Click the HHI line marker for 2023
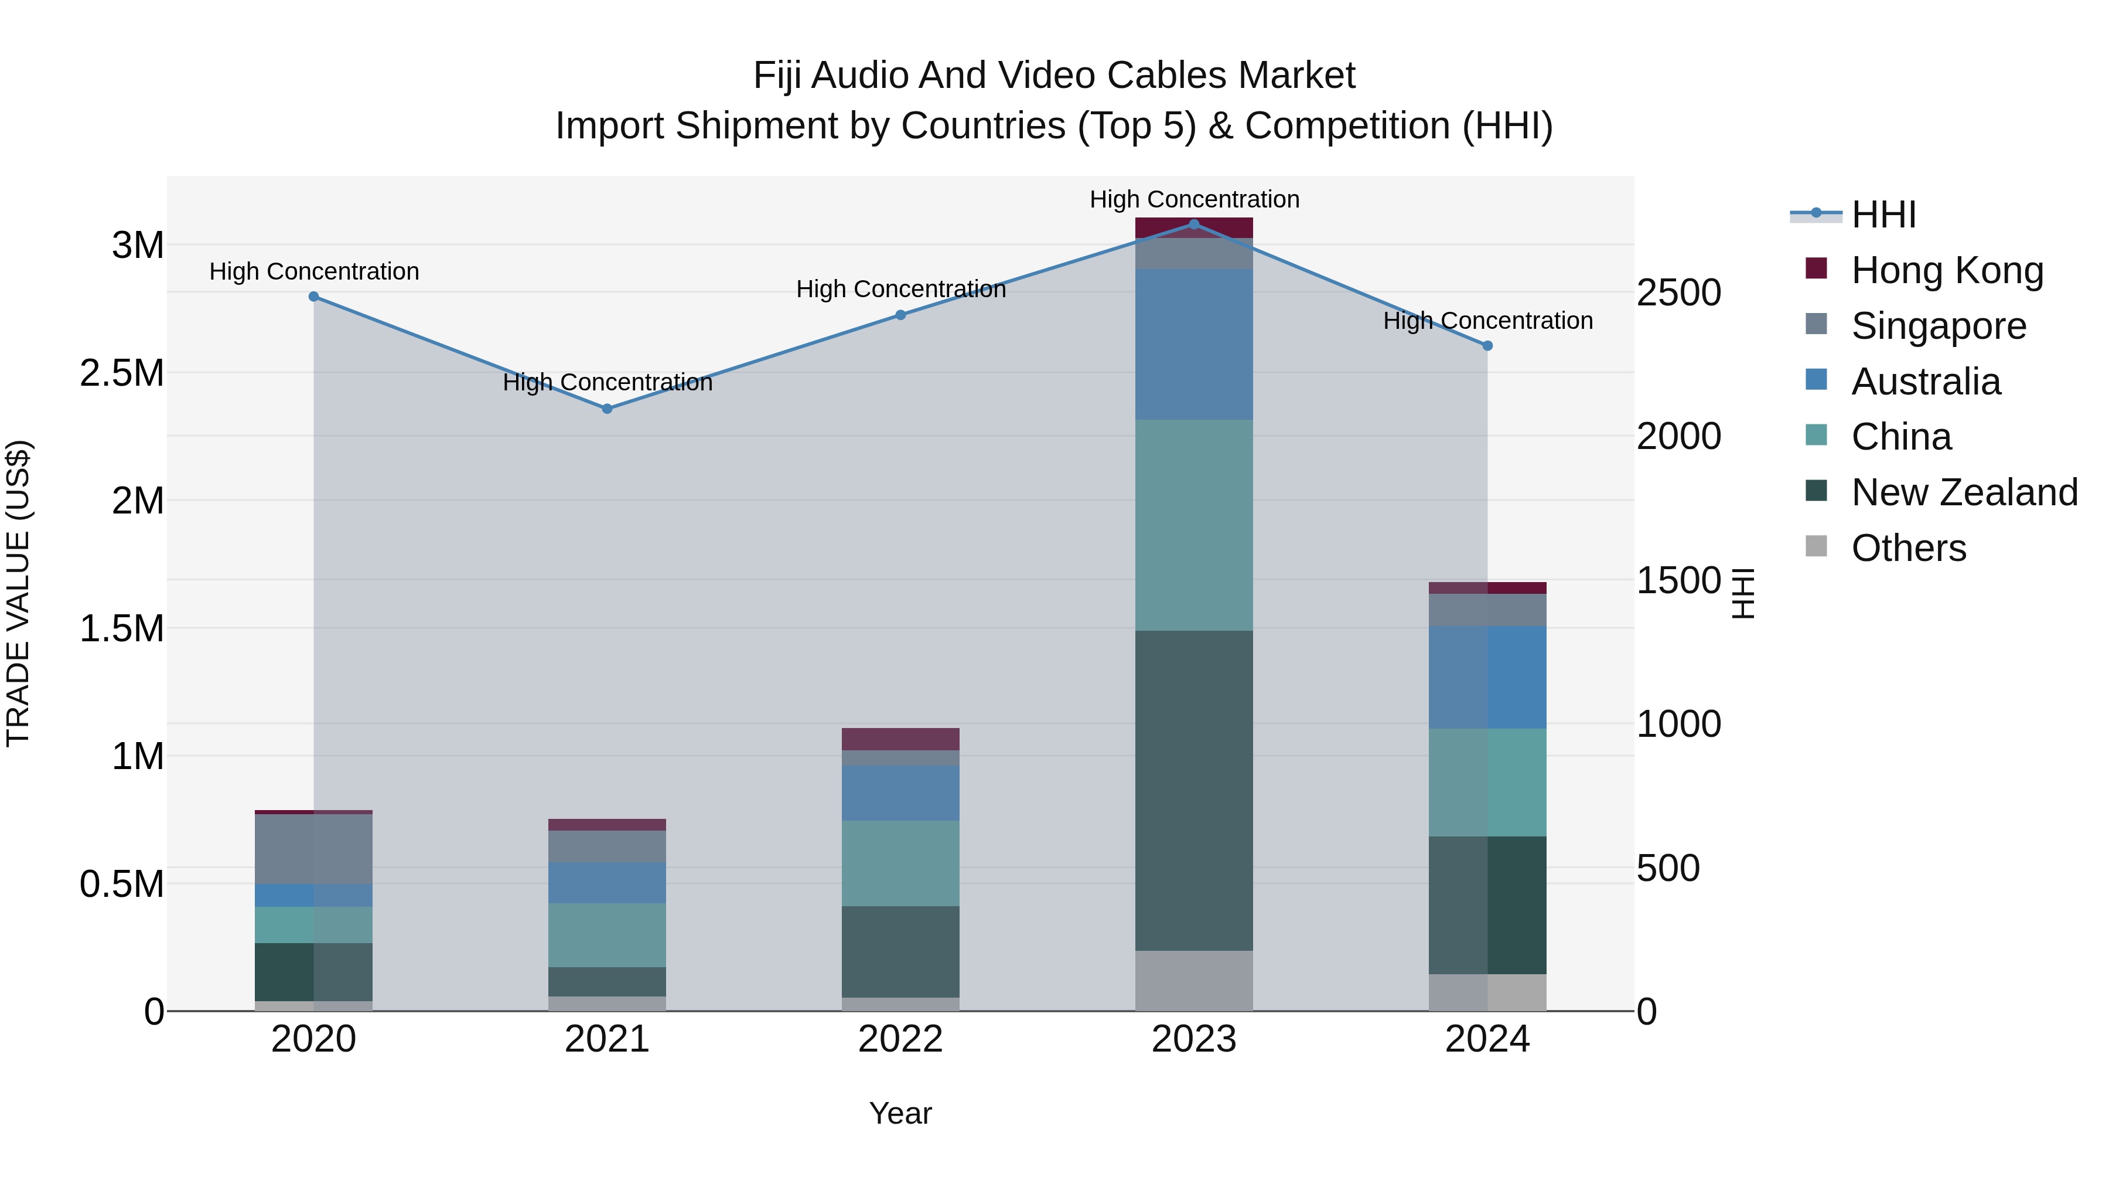[x=1194, y=224]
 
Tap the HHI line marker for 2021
[x=607, y=408]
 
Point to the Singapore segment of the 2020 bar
[x=313, y=849]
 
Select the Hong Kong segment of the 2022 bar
[x=900, y=739]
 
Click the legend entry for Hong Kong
[x=1947, y=270]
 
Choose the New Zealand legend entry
[x=1963, y=492]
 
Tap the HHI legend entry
[x=1883, y=215]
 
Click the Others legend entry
[x=1907, y=548]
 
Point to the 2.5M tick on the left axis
[x=122, y=373]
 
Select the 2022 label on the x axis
[x=900, y=1039]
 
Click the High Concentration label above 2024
[x=1487, y=320]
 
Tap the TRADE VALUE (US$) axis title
[x=18, y=593]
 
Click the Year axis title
[x=900, y=1113]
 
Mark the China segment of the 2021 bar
[x=607, y=935]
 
